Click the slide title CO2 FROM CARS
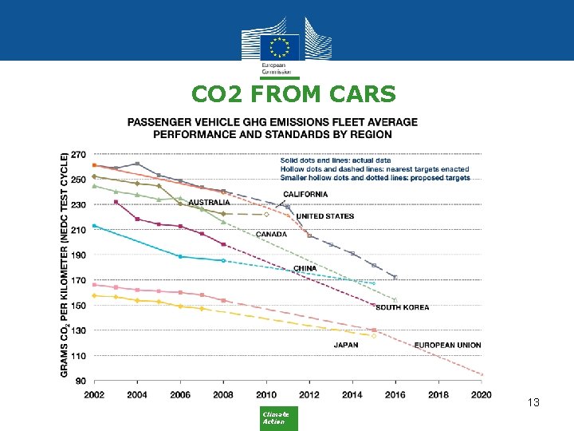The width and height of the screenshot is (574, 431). coord(293,95)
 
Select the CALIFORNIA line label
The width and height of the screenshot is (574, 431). coord(305,194)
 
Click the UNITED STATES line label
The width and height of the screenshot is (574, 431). coord(325,216)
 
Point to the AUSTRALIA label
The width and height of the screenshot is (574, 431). coord(210,202)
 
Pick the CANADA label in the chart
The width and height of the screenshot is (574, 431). coord(271,235)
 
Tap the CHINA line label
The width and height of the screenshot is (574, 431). coord(305,268)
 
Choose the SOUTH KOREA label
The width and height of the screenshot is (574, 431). coord(402,307)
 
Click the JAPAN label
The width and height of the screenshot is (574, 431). coord(345,345)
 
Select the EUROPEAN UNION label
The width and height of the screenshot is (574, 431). coord(447,345)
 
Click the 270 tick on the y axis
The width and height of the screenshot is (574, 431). coord(79,155)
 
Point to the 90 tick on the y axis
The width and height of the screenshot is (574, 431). coord(81,381)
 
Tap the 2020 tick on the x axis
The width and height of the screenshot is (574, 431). coord(482,394)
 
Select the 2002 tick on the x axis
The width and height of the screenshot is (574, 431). coord(94,394)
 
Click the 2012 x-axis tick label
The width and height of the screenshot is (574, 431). coord(309,394)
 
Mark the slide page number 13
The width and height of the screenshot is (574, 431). coord(533,403)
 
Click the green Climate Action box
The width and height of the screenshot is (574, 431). coord(280,418)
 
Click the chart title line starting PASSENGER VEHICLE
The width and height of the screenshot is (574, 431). coord(272,122)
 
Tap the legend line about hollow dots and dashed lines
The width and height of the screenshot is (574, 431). coord(375,169)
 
